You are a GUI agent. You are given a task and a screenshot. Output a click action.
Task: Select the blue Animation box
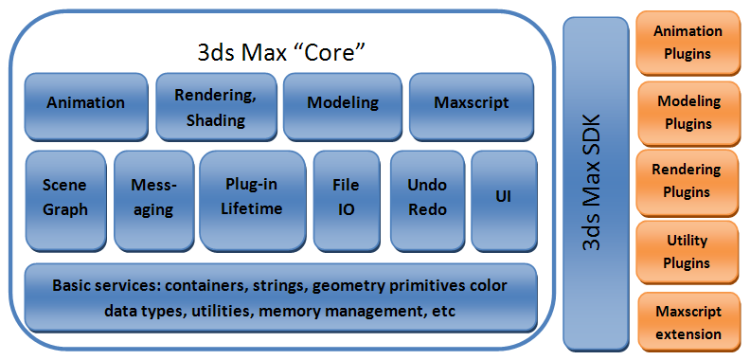[x=86, y=102]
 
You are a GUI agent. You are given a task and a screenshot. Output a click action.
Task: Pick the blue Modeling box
[x=343, y=102]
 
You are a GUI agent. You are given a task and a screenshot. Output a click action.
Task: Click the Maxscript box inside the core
[x=471, y=102]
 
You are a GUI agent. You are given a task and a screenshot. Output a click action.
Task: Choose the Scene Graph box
[x=64, y=197]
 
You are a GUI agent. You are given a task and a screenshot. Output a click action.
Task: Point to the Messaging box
[x=153, y=197]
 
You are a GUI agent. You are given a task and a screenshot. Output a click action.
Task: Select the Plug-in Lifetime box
[x=253, y=196]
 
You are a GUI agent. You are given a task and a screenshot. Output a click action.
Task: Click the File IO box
[x=346, y=197]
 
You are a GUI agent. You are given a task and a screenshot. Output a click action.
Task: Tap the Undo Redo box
[x=426, y=197]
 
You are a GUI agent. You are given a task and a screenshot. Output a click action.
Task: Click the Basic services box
[x=280, y=297]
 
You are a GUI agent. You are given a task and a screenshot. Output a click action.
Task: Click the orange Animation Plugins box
[x=687, y=43]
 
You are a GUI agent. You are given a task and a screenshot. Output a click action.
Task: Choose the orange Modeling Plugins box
[x=687, y=112]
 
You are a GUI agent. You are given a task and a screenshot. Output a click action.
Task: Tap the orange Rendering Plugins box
[x=687, y=181]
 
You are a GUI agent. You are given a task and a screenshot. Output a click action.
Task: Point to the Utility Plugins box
[x=687, y=252]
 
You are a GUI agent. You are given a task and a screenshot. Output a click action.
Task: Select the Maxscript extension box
[x=687, y=322]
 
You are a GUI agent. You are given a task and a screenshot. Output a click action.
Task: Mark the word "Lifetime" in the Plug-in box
[x=253, y=207]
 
